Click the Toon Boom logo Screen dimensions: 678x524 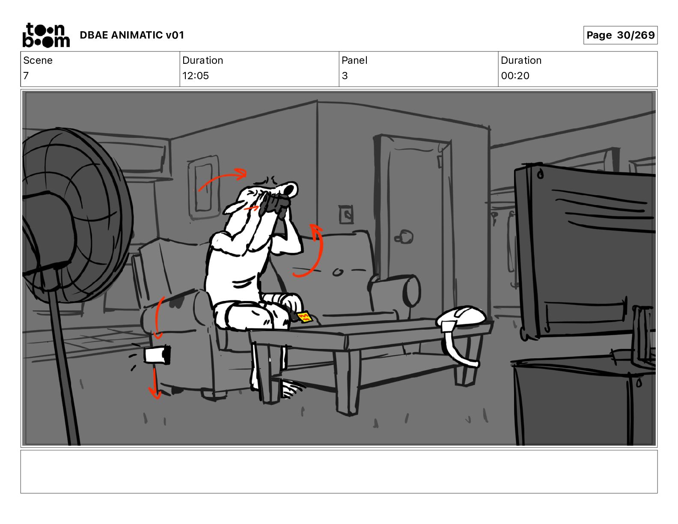[x=46, y=35]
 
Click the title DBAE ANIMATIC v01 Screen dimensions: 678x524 [x=132, y=35]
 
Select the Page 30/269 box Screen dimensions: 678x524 [x=620, y=35]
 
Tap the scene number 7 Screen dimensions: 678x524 [x=26, y=75]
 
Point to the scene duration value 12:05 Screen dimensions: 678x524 [x=195, y=75]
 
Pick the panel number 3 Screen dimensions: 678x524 [x=345, y=75]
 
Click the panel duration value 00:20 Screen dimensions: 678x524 [x=515, y=75]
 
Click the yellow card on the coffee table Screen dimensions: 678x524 [x=304, y=317]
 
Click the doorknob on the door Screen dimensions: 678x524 [x=404, y=238]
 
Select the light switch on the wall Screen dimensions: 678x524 [x=346, y=215]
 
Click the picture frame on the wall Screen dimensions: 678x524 [x=204, y=187]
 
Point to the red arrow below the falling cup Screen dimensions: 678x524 [x=155, y=383]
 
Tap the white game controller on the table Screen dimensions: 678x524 [x=461, y=317]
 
